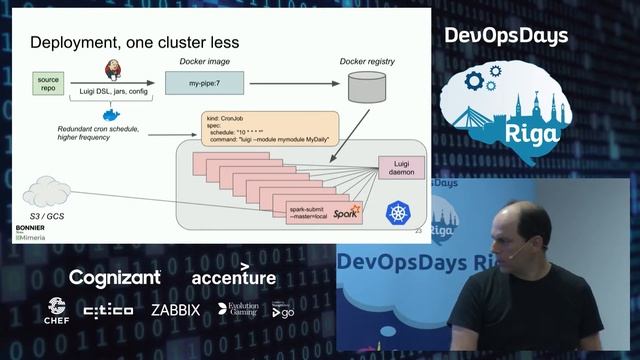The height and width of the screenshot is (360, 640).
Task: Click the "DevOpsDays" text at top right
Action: click(506, 36)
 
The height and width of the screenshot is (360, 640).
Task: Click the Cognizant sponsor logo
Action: click(115, 277)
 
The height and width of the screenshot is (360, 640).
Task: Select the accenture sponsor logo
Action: click(233, 276)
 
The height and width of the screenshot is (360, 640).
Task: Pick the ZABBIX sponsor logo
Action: click(176, 310)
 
